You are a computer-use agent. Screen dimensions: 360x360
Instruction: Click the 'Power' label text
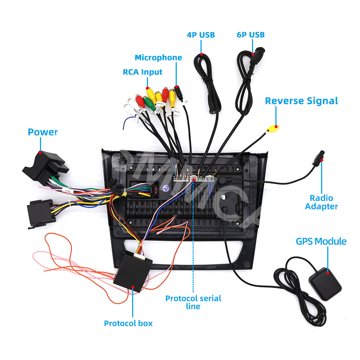tap(43, 132)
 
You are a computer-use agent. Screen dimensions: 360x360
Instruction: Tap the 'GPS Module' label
tap(321, 241)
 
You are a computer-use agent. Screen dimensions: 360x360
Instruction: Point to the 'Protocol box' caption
tap(128, 323)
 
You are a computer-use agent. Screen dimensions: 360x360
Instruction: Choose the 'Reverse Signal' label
tap(301, 101)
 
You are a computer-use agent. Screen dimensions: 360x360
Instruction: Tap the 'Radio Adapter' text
tap(321, 202)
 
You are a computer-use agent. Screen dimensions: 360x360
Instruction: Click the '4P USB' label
tap(201, 35)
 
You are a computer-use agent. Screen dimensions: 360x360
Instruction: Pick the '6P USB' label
tap(251, 35)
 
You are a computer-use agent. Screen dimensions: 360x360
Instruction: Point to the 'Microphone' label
tap(158, 58)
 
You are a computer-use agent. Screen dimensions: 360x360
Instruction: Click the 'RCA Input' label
tap(143, 72)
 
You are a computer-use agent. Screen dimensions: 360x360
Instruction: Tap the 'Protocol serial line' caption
tap(193, 302)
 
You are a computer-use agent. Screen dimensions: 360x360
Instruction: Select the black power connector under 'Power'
tap(41, 166)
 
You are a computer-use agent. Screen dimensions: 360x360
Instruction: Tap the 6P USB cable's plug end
tap(257, 56)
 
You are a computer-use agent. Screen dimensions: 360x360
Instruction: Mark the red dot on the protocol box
tap(132, 287)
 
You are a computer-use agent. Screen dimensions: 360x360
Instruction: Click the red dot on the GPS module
tap(328, 273)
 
